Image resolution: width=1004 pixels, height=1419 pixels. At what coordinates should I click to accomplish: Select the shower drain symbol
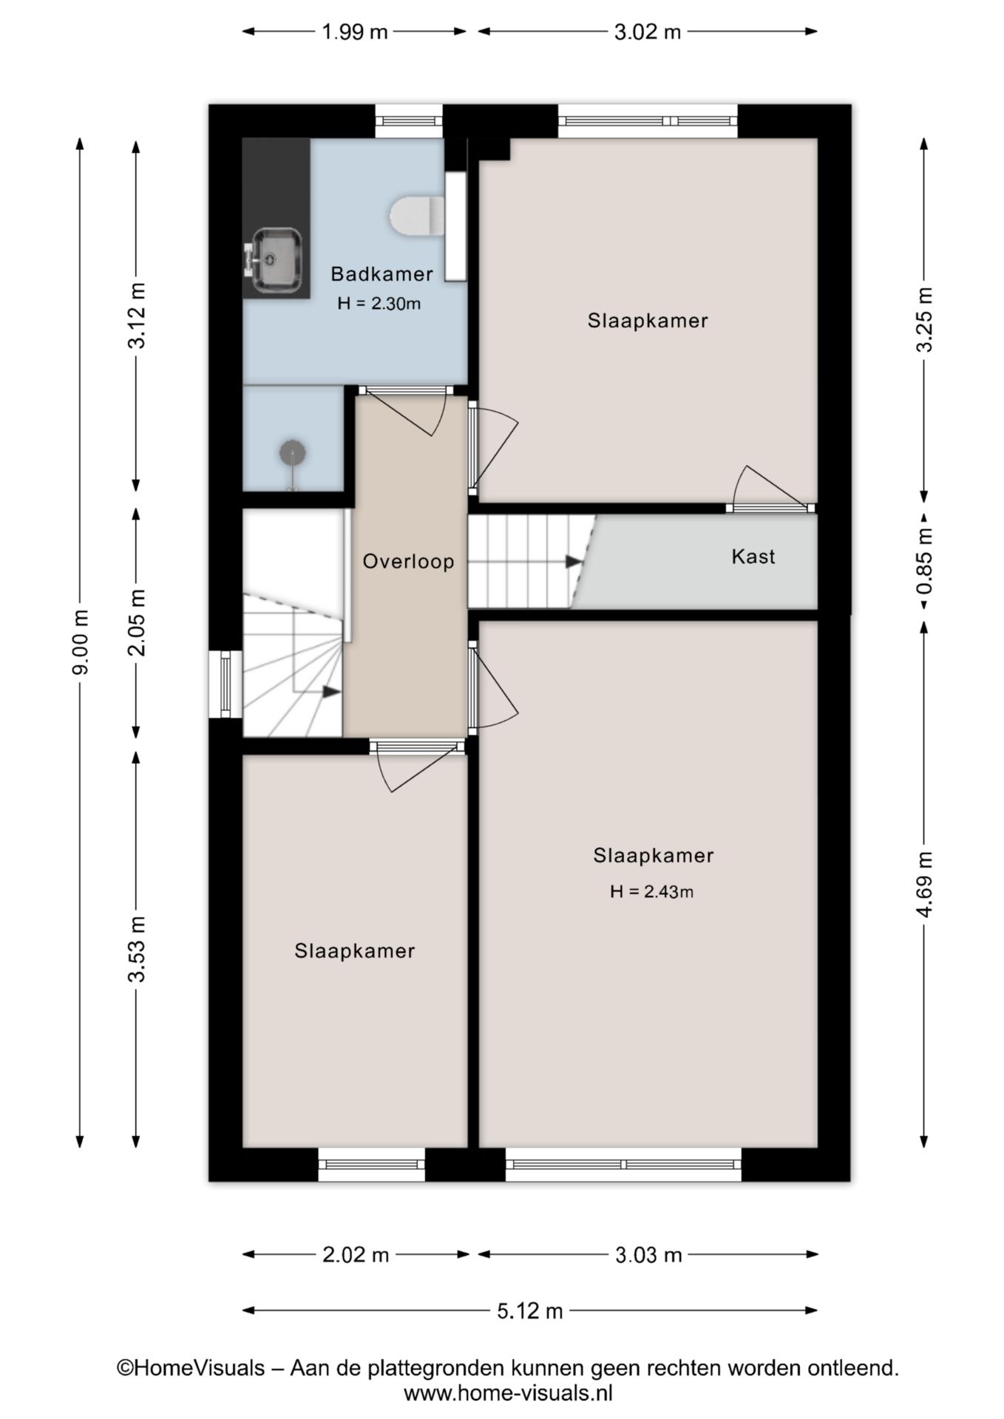pyautogui.click(x=293, y=453)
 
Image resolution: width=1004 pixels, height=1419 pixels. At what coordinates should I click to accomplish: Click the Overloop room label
pyautogui.click(x=408, y=562)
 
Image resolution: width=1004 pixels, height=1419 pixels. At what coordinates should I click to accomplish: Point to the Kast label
pyautogui.click(x=753, y=557)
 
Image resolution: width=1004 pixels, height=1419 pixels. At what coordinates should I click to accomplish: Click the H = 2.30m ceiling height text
pyautogui.click(x=379, y=304)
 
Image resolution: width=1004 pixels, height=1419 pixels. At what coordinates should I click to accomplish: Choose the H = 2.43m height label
pyautogui.click(x=652, y=892)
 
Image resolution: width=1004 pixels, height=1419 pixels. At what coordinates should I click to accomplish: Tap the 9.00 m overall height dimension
pyautogui.click(x=81, y=642)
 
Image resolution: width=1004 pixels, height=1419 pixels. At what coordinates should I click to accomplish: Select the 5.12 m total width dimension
pyautogui.click(x=530, y=1311)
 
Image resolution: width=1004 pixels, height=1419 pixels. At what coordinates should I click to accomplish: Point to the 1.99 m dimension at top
pyautogui.click(x=355, y=32)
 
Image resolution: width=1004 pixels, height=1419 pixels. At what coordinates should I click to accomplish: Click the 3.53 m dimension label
pyautogui.click(x=136, y=949)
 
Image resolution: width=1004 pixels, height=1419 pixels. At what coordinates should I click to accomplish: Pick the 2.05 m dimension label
pyautogui.click(x=136, y=623)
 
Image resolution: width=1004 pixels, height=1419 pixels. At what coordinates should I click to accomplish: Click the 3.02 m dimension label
pyautogui.click(x=648, y=32)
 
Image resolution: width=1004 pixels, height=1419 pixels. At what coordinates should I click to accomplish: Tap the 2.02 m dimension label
pyautogui.click(x=356, y=1255)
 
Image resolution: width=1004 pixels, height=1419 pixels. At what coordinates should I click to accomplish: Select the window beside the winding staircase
pyautogui.click(x=225, y=684)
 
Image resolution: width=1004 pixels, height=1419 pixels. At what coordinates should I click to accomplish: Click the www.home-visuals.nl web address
pyautogui.click(x=509, y=1394)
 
